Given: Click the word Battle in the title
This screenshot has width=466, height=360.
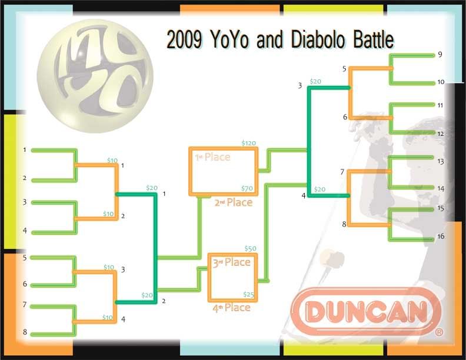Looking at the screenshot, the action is tap(374, 39).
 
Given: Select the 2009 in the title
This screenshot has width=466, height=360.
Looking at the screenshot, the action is tap(184, 39).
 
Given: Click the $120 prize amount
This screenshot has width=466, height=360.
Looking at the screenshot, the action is tap(249, 143).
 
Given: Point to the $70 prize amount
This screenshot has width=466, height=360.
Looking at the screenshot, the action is tap(247, 188).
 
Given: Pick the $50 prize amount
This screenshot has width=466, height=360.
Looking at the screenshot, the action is tap(250, 249).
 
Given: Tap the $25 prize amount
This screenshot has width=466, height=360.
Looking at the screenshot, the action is tap(248, 294).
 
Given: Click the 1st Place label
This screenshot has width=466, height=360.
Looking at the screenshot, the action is tap(212, 157).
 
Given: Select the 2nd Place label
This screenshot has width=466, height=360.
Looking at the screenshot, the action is tap(234, 202).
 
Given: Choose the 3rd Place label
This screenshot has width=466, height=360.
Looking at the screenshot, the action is tap(231, 262).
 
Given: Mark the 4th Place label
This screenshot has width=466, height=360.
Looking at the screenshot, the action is tap(231, 308).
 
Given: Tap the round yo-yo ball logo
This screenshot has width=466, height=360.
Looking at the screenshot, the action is tap(95, 76).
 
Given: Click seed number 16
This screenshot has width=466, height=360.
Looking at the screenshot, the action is tap(441, 236).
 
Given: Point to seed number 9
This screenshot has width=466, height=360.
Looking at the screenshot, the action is tap(440, 55).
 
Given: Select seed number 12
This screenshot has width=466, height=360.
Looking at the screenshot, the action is tap(441, 134).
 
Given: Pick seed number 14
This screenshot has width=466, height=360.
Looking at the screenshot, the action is tap(441, 188).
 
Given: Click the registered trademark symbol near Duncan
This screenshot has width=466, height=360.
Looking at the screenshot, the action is tap(439, 332).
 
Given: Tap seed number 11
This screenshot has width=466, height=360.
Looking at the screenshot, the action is tap(440, 105).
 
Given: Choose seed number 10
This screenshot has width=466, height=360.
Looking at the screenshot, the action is tap(441, 82).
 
